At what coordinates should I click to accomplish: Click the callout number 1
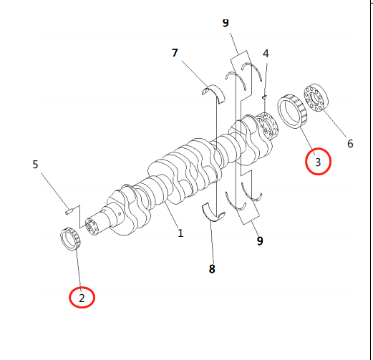pyautogui.click(x=180, y=233)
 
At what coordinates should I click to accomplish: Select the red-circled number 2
pyautogui.click(x=82, y=298)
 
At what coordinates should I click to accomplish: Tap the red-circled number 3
pyautogui.click(x=318, y=162)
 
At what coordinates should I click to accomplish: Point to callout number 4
pyautogui.click(x=266, y=54)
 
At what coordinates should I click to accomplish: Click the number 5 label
pyautogui.click(x=35, y=165)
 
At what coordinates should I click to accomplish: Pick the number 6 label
pyautogui.click(x=350, y=144)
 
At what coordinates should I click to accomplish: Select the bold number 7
pyautogui.click(x=175, y=53)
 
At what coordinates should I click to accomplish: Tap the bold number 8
pyautogui.click(x=212, y=269)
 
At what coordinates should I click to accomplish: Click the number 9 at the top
pyautogui.click(x=226, y=23)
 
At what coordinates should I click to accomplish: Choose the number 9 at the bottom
pyautogui.click(x=260, y=240)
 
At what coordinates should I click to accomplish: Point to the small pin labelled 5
pyautogui.click(x=69, y=211)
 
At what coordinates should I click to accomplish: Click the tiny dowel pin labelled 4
pyautogui.click(x=264, y=97)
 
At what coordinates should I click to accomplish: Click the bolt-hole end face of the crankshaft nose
pyautogui.click(x=92, y=227)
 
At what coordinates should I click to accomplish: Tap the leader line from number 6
pyautogui.click(x=334, y=124)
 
